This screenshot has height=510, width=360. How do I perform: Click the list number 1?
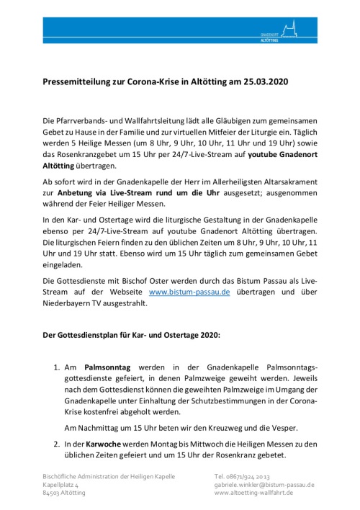click(x=58, y=367)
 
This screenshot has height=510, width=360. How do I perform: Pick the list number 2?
click(x=58, y=444)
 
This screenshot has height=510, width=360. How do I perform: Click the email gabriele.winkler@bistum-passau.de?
click(x=264, y=486)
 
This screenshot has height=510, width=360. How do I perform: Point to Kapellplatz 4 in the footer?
click(x=61, y=486)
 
